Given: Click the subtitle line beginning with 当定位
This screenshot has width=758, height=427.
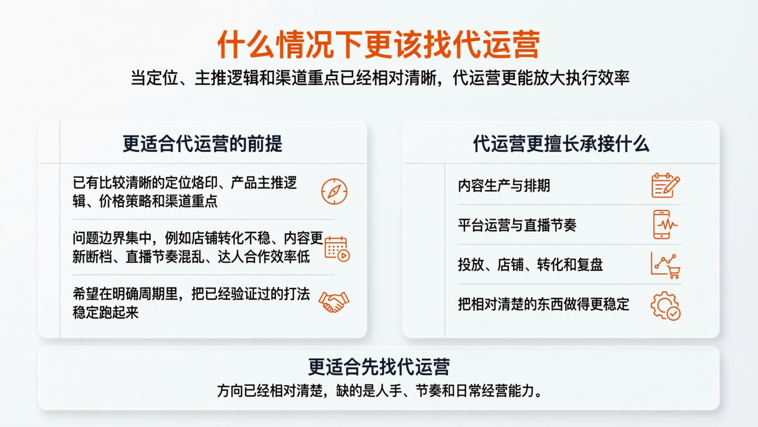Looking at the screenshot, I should click(x=380, y=78).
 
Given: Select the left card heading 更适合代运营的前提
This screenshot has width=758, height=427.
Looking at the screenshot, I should click(x=202, y=144).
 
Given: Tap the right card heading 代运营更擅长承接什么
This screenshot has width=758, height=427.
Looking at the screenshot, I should click(x=561, y=144).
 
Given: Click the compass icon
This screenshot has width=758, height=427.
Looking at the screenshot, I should click(x=334, y=191).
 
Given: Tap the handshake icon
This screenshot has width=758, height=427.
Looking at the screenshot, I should click(x=334, y=302).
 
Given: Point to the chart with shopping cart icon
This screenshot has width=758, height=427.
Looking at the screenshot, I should click(x=665, y=265).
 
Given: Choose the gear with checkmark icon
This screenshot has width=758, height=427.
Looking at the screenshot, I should click(x=665, y=305).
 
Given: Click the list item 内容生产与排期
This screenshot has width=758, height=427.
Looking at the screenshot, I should click(x=504, y=186).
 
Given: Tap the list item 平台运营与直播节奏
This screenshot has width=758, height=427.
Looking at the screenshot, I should click(x=517, y=225).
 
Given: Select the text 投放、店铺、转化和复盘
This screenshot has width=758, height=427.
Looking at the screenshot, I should click(x=530, y=265).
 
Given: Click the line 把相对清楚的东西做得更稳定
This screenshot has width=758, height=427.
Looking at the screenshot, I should click(x=543, y=304).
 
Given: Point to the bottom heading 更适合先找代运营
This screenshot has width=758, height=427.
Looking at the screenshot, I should click(x=379, y=367).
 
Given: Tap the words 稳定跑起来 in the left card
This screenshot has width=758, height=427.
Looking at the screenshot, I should click(x=105, y=312).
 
